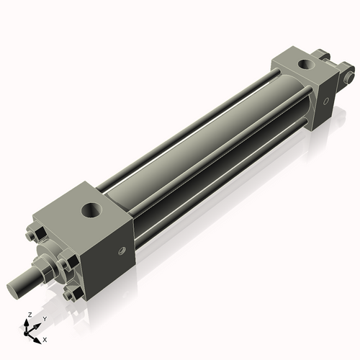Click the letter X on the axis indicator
(45, 338)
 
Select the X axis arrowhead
(37, 336)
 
